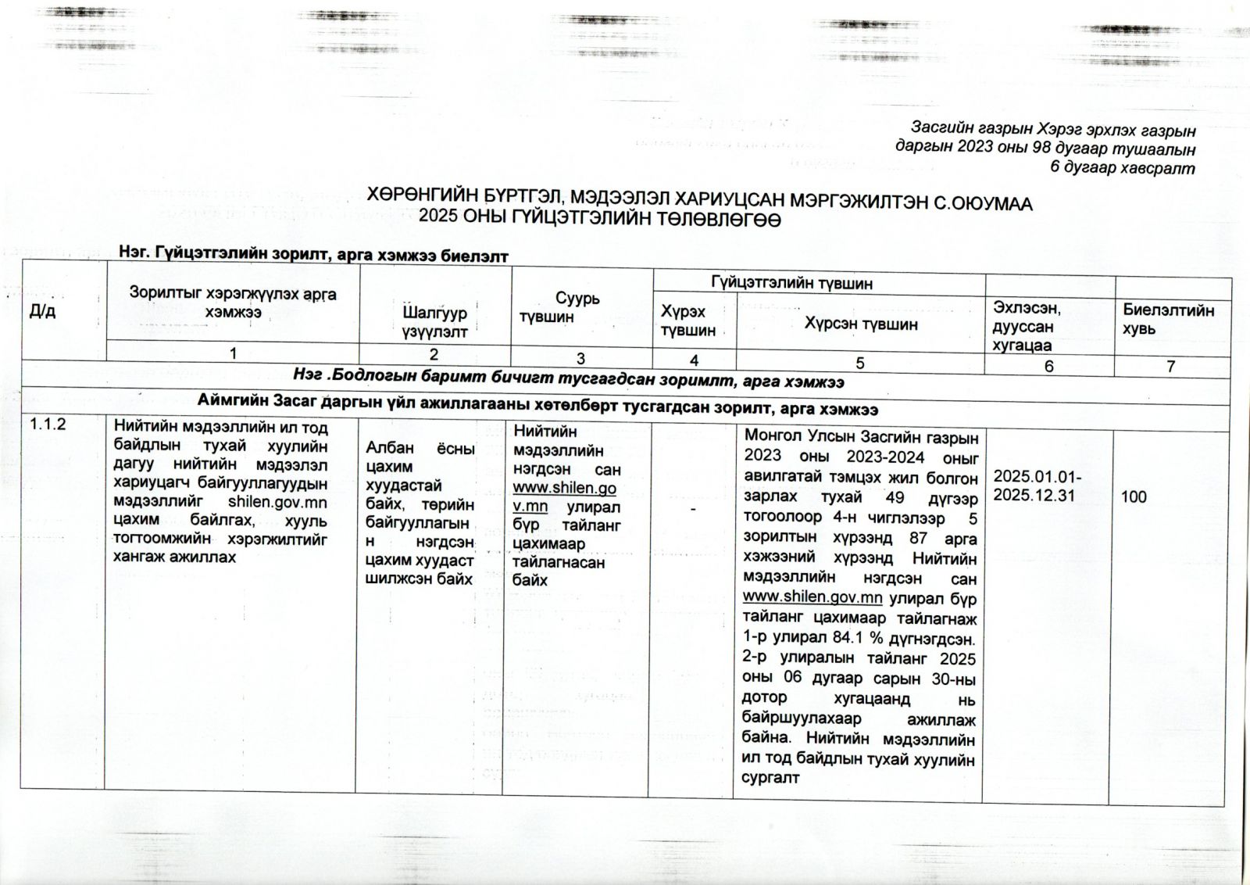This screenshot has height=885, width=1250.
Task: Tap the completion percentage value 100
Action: pyautogui.click(x=1134, y=496)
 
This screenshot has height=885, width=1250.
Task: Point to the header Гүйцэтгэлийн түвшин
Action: pyautogui.click(x=791, y=283)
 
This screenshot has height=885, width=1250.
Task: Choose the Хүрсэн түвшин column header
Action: pyautogui.click(x=861, y=324)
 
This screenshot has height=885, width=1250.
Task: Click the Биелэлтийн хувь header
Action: pyautogui.click(x=1169, y=319)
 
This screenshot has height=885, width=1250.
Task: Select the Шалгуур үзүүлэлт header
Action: pyautogui.click(x=434, y=322)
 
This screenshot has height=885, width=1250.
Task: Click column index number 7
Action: pyautogui.click(x=1171, y=366)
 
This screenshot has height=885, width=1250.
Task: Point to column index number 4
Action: pyautogui.click(x=694, y=360)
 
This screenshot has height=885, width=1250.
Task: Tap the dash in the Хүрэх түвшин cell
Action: pyautogui.click(x=694, y=507)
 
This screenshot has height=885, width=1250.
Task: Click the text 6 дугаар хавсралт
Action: pyautogui.click(x=1123, y=167)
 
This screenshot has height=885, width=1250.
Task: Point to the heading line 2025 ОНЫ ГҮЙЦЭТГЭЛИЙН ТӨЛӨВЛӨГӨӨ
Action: pyautogui.click(x=600, y=221)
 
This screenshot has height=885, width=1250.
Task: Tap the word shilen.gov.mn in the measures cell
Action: pyautogui.click(x=277, y=501)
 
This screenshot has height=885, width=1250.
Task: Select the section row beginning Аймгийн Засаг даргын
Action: pyautogui.click(x=537, y=407)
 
